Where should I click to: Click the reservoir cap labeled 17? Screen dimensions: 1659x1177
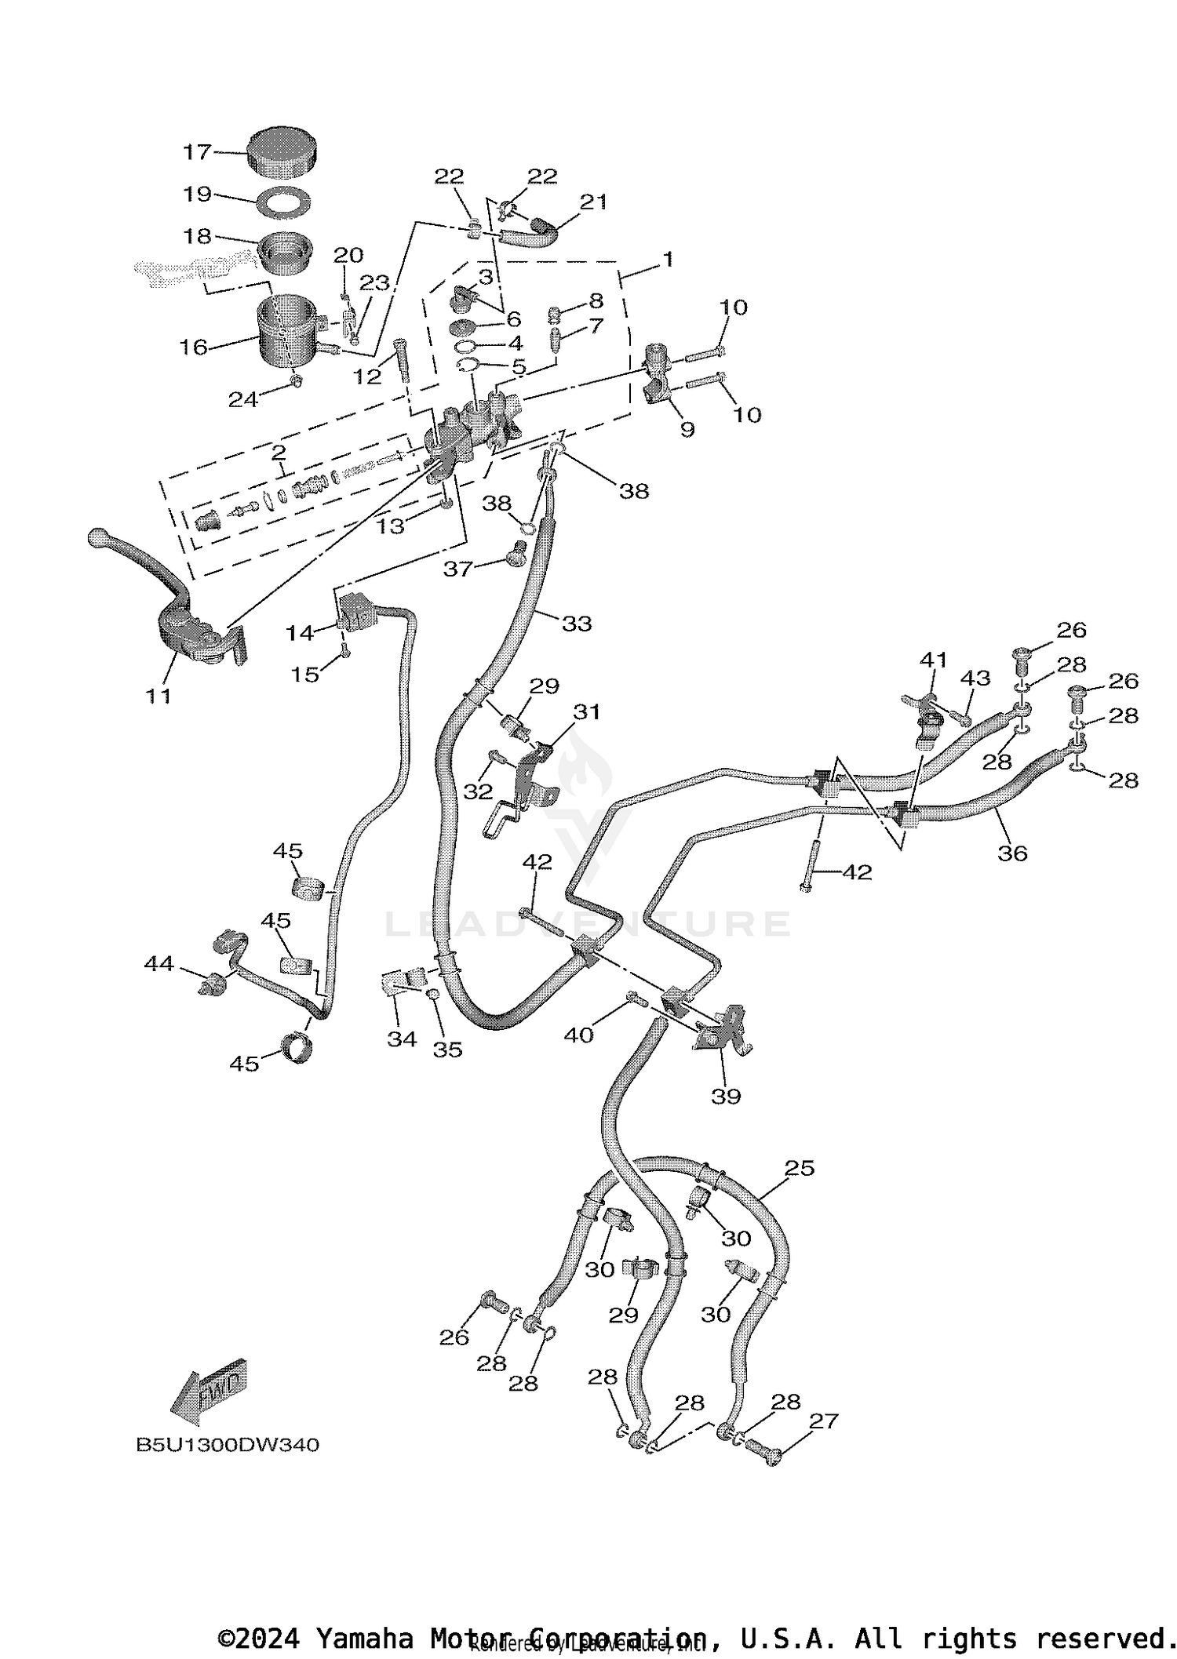point(282,152)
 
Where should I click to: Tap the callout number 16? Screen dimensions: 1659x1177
point(194,347)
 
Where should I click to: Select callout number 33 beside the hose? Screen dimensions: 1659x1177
point(577,624)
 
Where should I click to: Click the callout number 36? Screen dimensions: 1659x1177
point(1011,853)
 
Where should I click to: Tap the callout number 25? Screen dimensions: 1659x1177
point(800,1168)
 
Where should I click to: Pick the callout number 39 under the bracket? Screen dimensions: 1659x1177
point(726,1096)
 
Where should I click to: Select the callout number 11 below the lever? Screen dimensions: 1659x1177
point(159,695)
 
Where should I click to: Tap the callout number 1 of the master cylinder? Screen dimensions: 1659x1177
point(668,260)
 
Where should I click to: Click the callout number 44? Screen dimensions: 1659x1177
point(159,963)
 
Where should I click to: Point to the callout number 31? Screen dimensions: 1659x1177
point(587,712)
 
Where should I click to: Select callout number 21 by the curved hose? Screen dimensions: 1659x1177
point(593,202)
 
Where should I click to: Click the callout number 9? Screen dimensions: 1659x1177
point(687,429)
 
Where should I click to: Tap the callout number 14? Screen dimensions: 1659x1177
point(300,632)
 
